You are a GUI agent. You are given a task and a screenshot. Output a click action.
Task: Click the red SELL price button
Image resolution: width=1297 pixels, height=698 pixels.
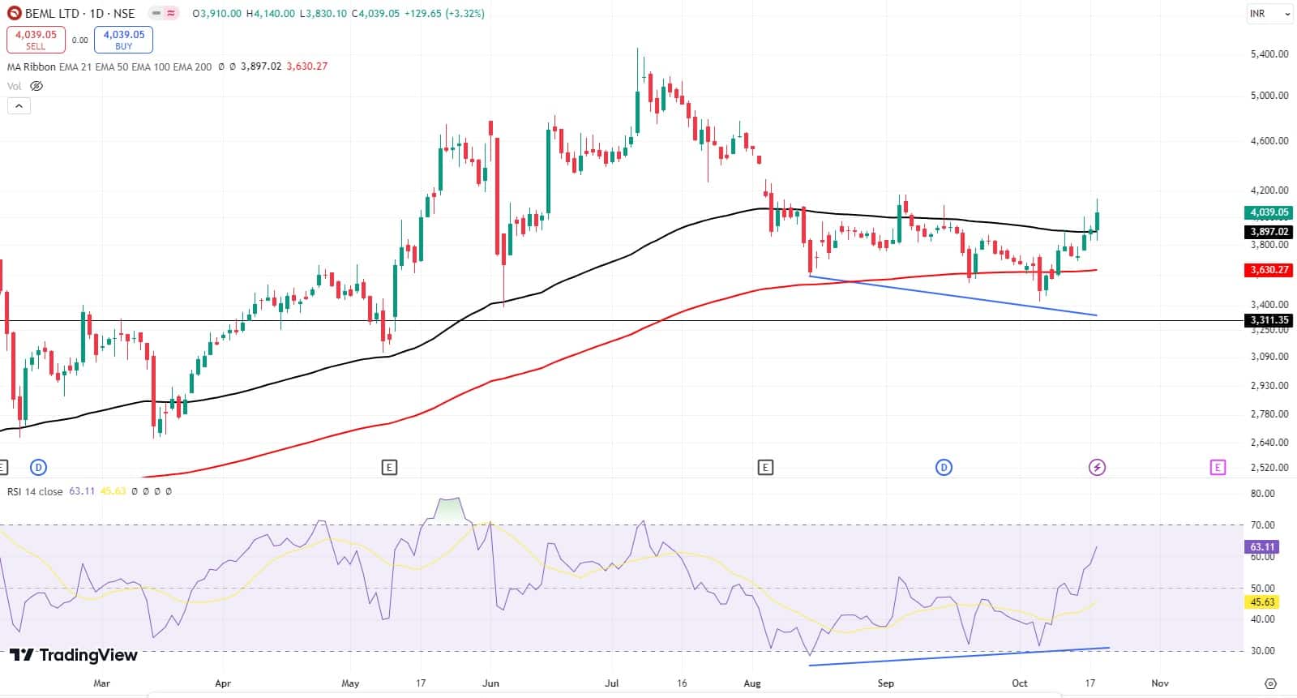pyautogui.click(x=36, y=40)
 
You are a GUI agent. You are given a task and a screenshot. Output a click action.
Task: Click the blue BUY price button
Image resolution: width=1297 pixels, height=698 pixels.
pyautogui.click(x=123, y=40)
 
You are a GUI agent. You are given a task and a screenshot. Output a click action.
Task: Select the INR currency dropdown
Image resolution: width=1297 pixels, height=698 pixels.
pyautogui.click(x=1269, y=14)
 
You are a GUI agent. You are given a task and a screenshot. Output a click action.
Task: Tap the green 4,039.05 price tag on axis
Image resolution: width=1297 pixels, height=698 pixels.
pyautogui.click(x=1269, y=212)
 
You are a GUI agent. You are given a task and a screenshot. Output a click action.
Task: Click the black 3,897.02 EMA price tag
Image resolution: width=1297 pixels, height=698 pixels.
pyautogui.click(x=1269, y=232)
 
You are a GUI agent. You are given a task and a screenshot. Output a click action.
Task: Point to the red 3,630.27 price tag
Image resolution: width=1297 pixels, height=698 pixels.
pyautogui.click(x=1269, y=270)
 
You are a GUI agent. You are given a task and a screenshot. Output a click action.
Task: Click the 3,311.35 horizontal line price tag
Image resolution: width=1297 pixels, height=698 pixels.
pyautogui.click(x=1269, y=320)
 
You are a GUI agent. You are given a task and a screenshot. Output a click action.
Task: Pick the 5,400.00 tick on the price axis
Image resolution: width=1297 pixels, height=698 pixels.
pyautogui.click(x=1269, y=54)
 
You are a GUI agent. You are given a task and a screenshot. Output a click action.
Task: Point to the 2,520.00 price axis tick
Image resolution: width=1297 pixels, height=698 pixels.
pyautogui.click(x=1269, y=468)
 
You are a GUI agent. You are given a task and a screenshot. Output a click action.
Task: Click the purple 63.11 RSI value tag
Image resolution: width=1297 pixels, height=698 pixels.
pyautogui.click(x=1262, y=547)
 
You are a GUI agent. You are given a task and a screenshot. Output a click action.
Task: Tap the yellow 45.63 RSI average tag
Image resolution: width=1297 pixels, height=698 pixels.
pyautogui.click(x=1262, y=602)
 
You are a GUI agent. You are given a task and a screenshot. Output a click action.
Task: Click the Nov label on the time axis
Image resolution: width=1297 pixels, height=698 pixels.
pyautogui.click(x=1160, y=683)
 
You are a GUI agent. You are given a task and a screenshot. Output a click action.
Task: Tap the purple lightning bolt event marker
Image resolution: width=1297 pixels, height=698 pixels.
pyautogui.click(x=1097, y=467)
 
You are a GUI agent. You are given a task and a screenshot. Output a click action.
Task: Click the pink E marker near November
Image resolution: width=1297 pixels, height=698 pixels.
pyautogui.click(x=1217, y=467)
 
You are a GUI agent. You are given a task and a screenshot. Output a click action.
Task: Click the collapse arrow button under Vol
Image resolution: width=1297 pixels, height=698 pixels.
pyautogui.click(x=19, y=105)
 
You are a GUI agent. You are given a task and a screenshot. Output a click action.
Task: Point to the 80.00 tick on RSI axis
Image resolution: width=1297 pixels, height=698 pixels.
pyautogui.click(x=1262, y=494)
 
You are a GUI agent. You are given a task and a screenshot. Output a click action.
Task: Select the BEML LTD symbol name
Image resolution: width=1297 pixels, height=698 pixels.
pyautogui.click(x=52, y=14)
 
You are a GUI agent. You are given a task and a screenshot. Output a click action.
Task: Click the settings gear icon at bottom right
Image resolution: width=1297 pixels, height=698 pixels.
pyautogui.click(x=1270, y=683)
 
